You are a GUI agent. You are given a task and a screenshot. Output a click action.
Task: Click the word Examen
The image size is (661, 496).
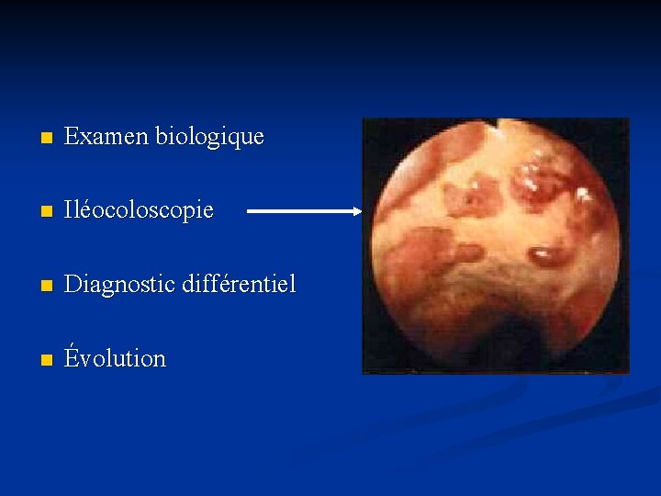pos(106,138)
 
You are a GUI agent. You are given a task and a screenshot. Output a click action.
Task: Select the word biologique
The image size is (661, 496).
pos(209,139)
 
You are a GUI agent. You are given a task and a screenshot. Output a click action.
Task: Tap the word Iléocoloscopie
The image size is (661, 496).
pos(139,211)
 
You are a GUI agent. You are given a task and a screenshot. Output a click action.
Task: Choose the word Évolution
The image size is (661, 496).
pos(115,357)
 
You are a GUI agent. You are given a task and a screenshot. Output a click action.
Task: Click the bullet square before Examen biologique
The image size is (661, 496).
pos(37,139)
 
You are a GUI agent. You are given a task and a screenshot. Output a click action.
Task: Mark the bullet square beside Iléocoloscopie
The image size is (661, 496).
pos(37,212)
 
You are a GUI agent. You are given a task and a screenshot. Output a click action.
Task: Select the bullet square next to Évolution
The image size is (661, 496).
pos(37,360)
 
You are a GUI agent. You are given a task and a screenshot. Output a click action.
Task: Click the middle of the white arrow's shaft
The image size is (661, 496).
pos(303,210)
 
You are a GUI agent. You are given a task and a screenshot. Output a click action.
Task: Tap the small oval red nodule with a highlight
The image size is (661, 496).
pos(544,254)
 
